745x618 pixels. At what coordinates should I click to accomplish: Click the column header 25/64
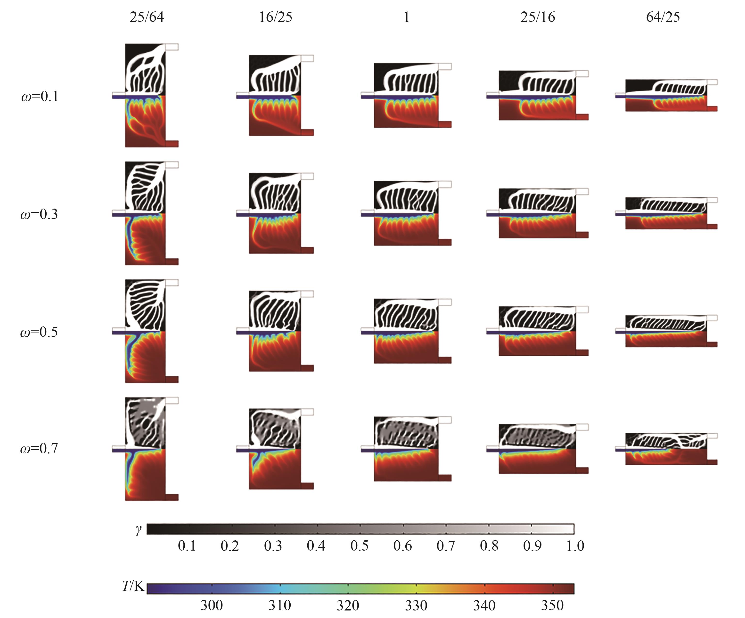[147, 17]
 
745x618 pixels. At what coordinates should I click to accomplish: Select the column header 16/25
[276, 17]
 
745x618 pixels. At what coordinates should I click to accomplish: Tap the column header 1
[407, 17]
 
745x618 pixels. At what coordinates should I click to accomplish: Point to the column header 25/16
[538, 17]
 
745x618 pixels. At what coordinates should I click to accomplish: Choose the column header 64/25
[663, 17]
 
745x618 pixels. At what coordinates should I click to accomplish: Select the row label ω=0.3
[39, 214]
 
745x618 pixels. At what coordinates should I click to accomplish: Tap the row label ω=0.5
[39, 332]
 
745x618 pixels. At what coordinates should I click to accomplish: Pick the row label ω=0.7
[39, 448]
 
